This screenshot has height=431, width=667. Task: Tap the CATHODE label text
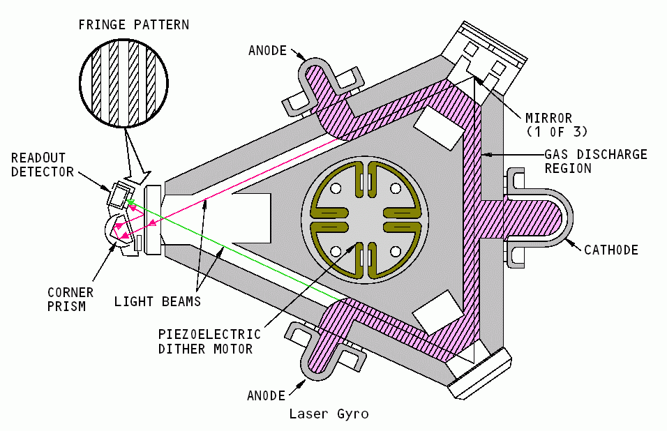pyautogui.click(x=611, y=250)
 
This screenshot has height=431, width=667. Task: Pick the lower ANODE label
pyautogui.click(x=267, y=395)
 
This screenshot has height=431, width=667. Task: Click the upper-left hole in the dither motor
pyautogui.click(x=336, y=188)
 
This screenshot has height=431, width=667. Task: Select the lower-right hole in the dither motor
pyautogui.click(x=396, y=250)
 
